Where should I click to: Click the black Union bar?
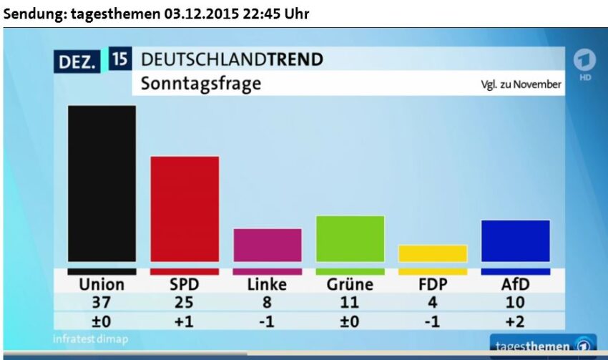tap(102, 184)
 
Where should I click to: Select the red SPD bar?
tap(185, 209)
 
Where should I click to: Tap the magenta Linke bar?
tap(268, 245)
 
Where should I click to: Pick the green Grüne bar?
tap(350, 238)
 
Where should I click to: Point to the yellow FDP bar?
tap(433, 253)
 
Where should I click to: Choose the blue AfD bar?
tap(515, 240)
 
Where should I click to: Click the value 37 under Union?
tap(102, 303)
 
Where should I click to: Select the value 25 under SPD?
tap(185, 303)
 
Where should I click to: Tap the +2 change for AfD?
tap(515, 321)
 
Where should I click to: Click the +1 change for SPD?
tap(185, 321)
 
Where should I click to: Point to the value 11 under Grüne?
tap(350, 303)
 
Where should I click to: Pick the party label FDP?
tap(433, 284)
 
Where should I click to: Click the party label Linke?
tap(267, 284)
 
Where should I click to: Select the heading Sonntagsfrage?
tap(201, 84)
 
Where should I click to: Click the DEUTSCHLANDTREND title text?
tap(232, 59)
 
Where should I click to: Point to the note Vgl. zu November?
tap(521, 84)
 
